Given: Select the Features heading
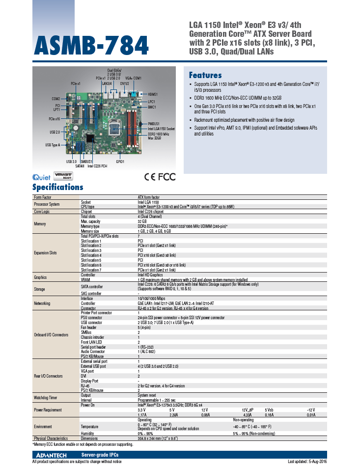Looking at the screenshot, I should (205, 75).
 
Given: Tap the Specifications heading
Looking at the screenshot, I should (57, 187).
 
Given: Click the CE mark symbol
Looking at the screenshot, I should (150, 177).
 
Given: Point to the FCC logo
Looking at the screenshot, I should (167, 177).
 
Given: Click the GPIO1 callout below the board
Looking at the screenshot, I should (120, 161).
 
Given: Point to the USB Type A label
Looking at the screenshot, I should (53, 145).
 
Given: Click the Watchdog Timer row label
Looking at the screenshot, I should (46, 397).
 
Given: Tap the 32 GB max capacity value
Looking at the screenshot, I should (142, 221).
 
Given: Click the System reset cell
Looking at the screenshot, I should (147, 395).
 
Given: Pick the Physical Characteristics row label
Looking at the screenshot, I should (51, 438).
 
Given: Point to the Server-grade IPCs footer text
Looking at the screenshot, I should (100, 455).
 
